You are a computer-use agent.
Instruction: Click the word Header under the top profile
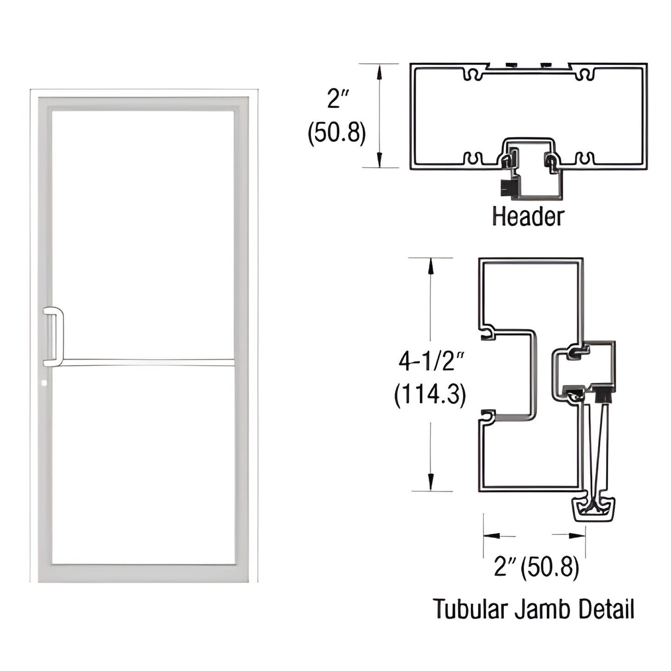(528, 217)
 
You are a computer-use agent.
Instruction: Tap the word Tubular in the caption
(469, 609)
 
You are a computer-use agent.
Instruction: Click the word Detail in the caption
(606, 609)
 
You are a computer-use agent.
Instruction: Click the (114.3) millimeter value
(430, 395)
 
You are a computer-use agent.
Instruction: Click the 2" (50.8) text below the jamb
(536, 567)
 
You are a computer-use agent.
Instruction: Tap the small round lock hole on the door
(45, 384)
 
